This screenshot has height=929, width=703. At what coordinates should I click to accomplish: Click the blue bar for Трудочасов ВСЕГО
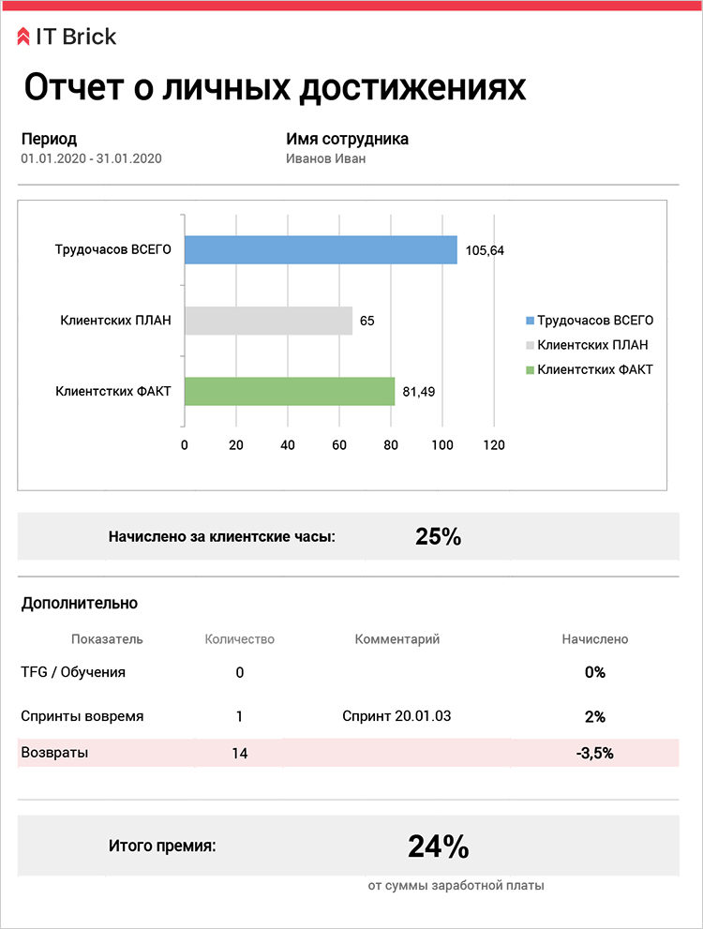point(321,250)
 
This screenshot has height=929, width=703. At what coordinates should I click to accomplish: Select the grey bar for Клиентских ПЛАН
point(268,321)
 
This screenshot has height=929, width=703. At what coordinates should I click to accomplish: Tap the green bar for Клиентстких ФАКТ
point(290,391)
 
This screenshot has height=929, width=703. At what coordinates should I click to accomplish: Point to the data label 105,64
point(485,250)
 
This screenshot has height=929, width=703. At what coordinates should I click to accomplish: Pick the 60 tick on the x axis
point(339,445)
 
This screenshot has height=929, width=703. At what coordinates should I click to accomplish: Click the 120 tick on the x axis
point(494,445)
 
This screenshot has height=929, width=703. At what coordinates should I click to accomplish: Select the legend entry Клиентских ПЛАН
point(592,345)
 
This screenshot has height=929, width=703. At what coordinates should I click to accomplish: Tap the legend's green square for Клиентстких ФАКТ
point(530,370)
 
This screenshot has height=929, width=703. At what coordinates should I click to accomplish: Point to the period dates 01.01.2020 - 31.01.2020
point(91,158)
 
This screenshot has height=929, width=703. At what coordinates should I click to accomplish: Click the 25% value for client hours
point(438,537)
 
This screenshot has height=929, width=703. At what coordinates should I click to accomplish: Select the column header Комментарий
point(397,639)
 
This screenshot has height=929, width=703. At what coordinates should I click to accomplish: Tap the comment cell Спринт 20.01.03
point(397,716)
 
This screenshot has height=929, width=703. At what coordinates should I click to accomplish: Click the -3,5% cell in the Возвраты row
point(595,753)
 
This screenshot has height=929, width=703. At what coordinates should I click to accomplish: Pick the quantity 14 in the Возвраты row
point(239,753)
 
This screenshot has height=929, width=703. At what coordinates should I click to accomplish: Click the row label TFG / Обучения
point(73,672)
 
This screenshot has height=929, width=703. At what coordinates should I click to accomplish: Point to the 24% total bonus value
point(438,847)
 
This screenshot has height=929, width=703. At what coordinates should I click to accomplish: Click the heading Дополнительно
point(80,604)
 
